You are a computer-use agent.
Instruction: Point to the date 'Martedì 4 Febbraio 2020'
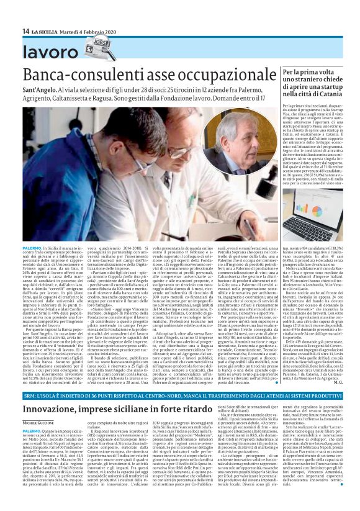click(88, 32)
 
